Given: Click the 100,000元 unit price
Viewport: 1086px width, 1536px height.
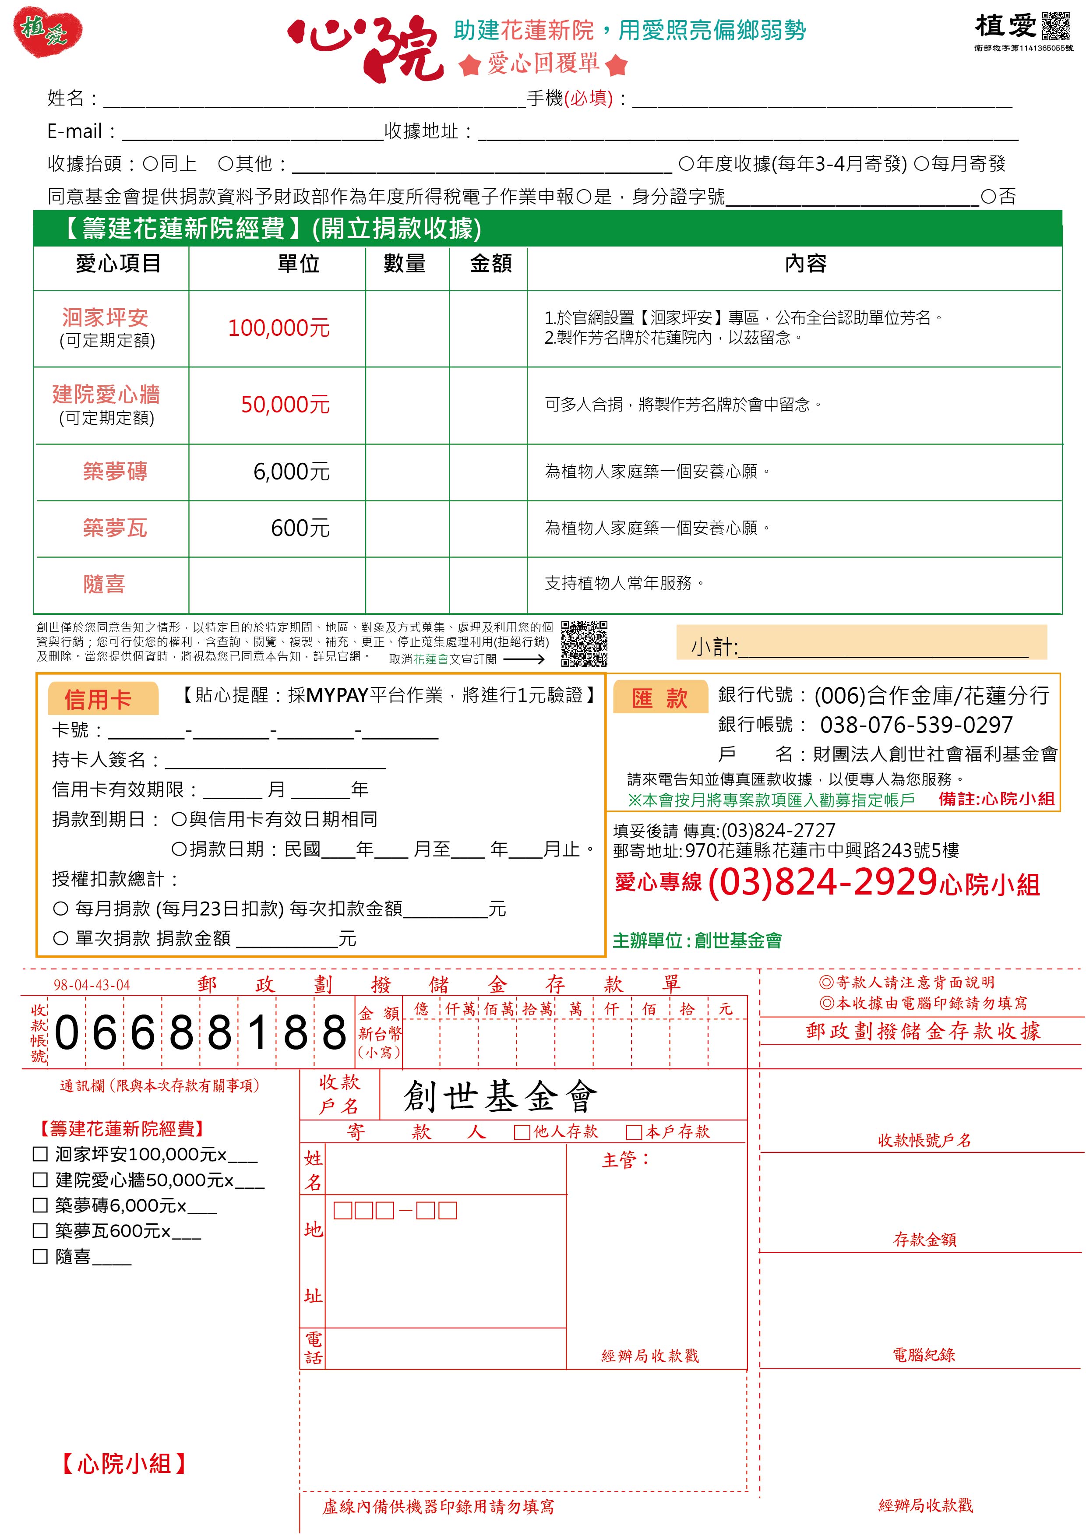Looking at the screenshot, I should point(279,328).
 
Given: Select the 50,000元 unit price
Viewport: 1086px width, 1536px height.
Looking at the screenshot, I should point(285,405).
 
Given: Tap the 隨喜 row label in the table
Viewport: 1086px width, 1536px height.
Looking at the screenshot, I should point(104,584).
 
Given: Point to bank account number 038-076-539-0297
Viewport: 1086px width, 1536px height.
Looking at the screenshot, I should point(916,725).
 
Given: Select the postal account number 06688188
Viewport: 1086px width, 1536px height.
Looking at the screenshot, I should point(200,1033).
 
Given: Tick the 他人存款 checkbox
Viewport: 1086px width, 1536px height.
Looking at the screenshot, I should point(522,1132).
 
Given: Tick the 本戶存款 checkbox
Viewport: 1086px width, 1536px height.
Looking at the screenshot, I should point(634,1132).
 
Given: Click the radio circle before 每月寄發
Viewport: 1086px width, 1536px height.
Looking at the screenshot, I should point(921,164).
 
